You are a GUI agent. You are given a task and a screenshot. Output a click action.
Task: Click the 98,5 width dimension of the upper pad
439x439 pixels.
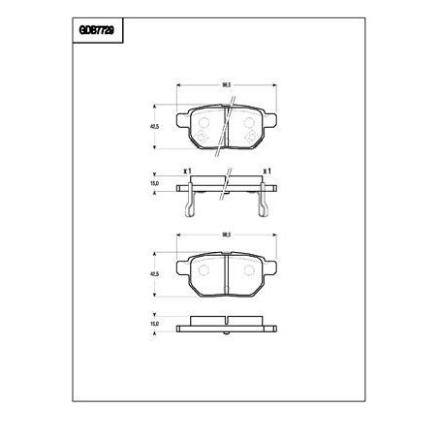225,86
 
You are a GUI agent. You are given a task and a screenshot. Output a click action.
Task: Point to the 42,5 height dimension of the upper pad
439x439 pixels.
155,125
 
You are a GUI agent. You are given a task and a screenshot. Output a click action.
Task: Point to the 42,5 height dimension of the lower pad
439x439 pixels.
155,274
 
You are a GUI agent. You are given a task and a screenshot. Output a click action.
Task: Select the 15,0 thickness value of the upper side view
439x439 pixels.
155,182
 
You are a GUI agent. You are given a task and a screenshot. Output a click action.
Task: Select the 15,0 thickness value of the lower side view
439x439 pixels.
155,325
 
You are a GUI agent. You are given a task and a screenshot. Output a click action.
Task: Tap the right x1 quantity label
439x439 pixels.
266,172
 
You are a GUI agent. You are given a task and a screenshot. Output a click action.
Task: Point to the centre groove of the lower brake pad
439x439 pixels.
225,276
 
